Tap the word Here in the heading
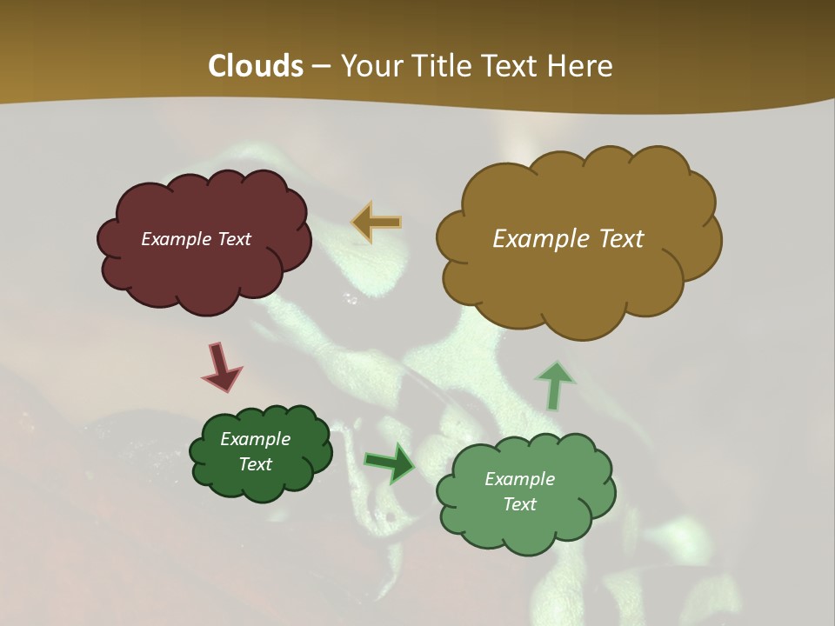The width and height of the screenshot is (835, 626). coord(582,66)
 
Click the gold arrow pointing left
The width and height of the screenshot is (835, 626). coord(377,223)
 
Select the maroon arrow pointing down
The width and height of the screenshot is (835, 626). coord(221,367)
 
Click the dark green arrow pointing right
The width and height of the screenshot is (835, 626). coord(389,463)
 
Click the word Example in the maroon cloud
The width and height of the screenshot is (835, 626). coord(173,239)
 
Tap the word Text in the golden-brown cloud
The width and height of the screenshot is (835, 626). coord(617,239)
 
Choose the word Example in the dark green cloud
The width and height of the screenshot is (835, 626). coord(255,439)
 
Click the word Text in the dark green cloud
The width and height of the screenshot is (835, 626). coord(255,464)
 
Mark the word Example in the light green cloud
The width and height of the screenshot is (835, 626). coord(519,479)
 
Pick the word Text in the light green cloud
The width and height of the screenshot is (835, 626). coord(519,504)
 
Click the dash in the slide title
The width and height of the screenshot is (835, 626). coord(321,67)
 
